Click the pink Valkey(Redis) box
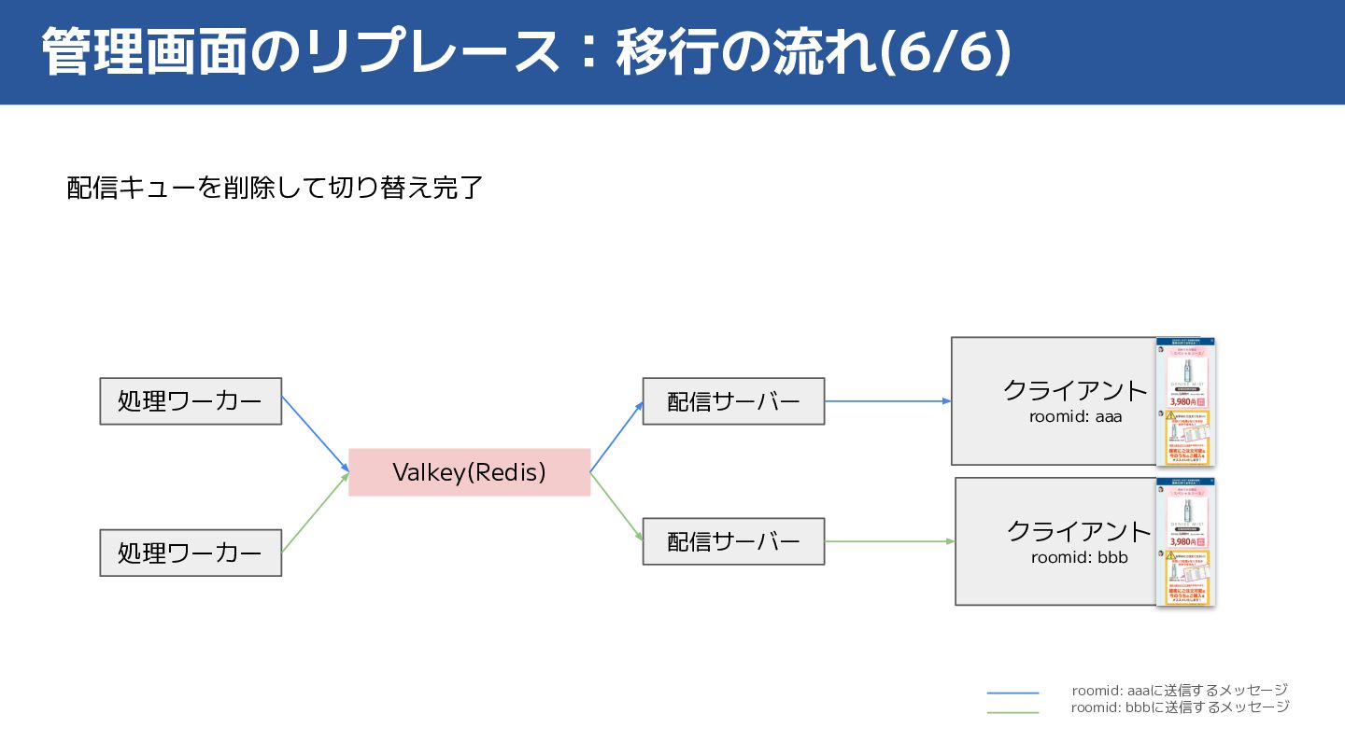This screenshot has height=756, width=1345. [x=469, y=472]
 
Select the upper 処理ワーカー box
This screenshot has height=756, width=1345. [x=191, y=401]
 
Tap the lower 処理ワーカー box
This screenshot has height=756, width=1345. [x=191, y=553]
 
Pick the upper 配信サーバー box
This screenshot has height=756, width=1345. [x=733, y=401]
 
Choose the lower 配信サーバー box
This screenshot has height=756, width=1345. [x=733, y=541]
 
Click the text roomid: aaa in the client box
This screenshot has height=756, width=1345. [x=1075, y=416]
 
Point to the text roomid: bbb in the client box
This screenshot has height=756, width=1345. [x=1079, y=558]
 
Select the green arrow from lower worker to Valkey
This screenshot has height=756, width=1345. [x=315, y=512]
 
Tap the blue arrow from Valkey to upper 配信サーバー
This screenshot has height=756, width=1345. [x=616, y=437]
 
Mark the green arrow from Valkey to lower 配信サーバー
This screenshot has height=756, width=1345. [x=616, y=507]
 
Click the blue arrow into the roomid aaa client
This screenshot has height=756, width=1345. [x=887, y=401]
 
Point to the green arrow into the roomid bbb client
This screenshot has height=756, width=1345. [x=889, y=541]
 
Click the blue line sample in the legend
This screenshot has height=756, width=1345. [x=1012, y=693]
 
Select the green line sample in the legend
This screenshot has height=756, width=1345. [x=1012, y=712]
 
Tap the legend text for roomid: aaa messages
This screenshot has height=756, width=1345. [x=1180, y=691]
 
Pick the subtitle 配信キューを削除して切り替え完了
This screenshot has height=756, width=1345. [x=275, y=188]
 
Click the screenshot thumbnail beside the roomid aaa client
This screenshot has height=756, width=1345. [x=1185, y=401]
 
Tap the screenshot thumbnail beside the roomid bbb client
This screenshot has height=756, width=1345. [x=1185, y=542]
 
